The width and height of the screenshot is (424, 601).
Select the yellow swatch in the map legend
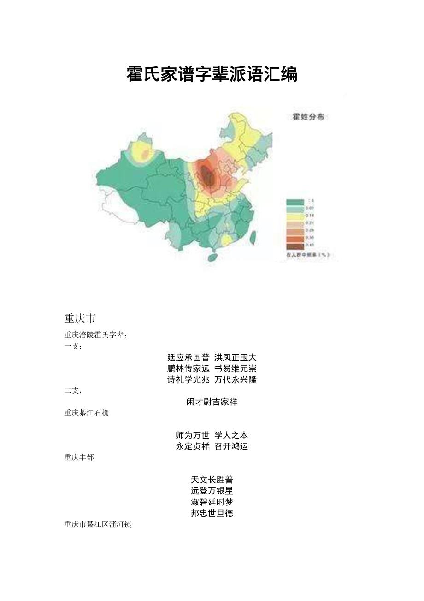[x=295, y=216]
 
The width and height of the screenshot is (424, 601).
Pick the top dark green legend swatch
[x=295, y=202]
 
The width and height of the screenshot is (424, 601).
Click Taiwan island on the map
[x=252, y=237]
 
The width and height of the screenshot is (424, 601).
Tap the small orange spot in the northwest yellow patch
[x=145, y=155]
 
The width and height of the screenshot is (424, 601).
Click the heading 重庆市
[x=80, y=319]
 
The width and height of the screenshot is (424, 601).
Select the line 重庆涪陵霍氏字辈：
[x=95, y=335]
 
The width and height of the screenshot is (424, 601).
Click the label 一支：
[x=73, y=346]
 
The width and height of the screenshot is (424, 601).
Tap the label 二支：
[x=73, y=391]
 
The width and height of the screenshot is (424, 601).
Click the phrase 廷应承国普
[x=188, y=357]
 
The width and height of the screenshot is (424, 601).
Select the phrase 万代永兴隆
[x=236, y=379]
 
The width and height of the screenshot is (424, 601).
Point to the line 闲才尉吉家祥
[x=212, y=402]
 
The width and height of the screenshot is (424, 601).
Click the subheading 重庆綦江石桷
[x=87, y=413]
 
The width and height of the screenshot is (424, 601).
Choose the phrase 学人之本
[x=231, y=435]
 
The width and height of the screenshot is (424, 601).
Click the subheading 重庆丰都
[x=79, y=457]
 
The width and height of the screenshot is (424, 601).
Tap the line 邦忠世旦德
[x=212, y=513]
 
